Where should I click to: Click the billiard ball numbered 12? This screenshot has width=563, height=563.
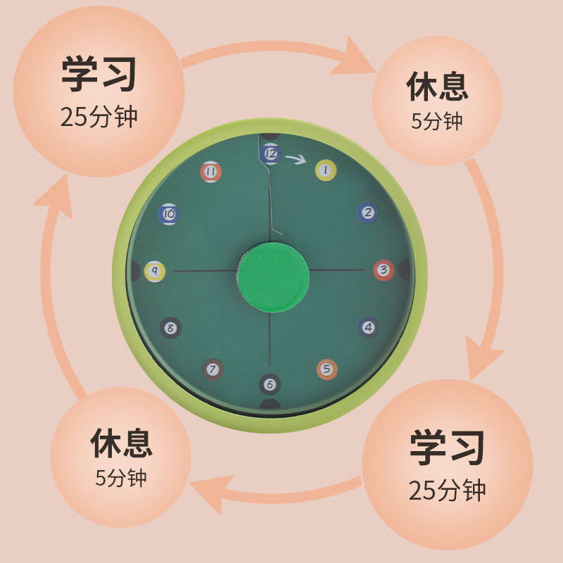click(270, 152)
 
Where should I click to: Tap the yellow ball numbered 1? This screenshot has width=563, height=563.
click(325, 169)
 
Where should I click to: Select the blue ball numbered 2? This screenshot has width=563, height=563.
click(367, 212)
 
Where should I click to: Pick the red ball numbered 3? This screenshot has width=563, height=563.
click(384, 270)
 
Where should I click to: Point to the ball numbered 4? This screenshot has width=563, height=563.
click(367, 327)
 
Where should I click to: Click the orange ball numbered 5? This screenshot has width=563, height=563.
click(327, 369)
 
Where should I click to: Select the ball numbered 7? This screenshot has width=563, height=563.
click(213, 368)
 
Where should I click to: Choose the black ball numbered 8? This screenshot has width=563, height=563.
click(171, 327)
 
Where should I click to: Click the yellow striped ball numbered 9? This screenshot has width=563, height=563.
click(154, 270)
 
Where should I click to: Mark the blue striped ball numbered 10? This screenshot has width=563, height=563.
click(170, 213)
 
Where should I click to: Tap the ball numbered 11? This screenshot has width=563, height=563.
click(210, 171)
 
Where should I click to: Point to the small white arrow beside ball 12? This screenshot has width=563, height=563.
click(298, 160)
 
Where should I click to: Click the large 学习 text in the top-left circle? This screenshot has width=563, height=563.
click(99, 75)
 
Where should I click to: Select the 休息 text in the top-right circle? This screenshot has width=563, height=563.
click(437, 87)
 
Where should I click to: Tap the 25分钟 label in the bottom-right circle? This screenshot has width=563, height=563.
click(448, 488)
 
